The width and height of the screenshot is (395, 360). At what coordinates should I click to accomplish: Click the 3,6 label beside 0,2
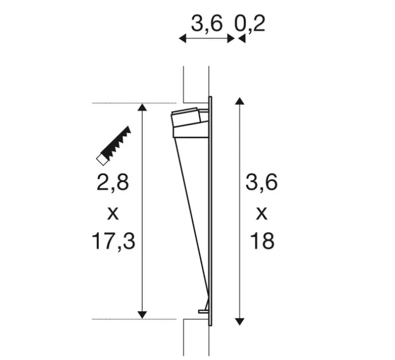coord(207,23)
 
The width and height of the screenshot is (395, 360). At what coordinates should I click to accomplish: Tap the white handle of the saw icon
coord(100,158)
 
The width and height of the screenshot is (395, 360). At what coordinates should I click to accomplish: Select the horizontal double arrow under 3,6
coord(207,38)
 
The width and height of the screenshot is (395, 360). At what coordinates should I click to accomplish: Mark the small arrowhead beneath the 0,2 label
coord(242,38)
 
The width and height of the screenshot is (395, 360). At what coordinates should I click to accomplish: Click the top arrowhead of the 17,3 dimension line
coord(142,108)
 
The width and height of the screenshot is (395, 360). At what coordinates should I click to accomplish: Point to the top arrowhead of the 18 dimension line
coord(239,101)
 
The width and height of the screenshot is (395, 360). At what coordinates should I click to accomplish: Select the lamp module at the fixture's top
coord(189,122)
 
